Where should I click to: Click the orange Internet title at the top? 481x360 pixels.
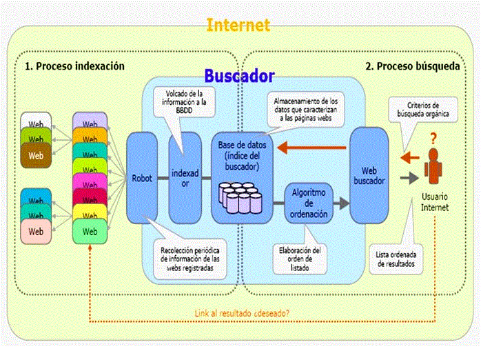(x=238, y=26)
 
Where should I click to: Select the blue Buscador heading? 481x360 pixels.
(x=238, y=76)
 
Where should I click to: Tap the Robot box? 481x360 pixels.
(x=142, y=178)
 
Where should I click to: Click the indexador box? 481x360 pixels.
(x=185, y=178)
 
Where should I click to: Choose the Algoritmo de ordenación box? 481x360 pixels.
(x=308, y=202)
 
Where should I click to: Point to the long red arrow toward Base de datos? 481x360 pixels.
(x=311, y=146)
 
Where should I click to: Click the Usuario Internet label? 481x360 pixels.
(x=436, y=202)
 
